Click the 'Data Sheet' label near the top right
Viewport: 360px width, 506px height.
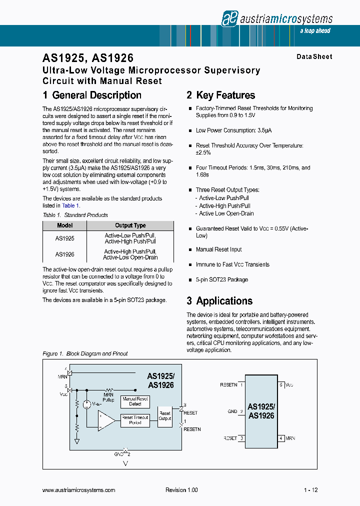(x=314, y=57)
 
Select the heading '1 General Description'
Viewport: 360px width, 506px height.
(x=92, y=95)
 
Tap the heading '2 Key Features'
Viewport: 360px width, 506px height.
(x=220, y=95)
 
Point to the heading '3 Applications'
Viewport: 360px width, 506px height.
(x=219, y=301)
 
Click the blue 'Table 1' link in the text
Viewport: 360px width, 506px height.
(x=68, y=205)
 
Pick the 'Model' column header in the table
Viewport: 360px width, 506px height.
(x=65, y=225)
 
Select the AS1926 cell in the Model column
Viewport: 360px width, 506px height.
(x=65, y=254)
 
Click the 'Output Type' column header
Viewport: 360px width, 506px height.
(x=130, y=225)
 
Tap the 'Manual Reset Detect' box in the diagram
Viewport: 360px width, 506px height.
(x=135, y=401)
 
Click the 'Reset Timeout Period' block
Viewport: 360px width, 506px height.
(x=135, y=420)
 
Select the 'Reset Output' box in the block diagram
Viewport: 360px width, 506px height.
(x=164, y=415)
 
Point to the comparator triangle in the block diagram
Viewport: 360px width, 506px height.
(x=105, y=420)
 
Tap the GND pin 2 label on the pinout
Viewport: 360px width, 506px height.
(x=235, y=411)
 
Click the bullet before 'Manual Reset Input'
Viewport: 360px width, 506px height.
(x=190, y=249)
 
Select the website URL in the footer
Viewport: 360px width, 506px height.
(x=79, y=490)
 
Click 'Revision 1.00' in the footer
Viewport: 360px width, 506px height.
(x=181, y=490)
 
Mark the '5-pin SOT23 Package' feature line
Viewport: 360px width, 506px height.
(x=221, y=279)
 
